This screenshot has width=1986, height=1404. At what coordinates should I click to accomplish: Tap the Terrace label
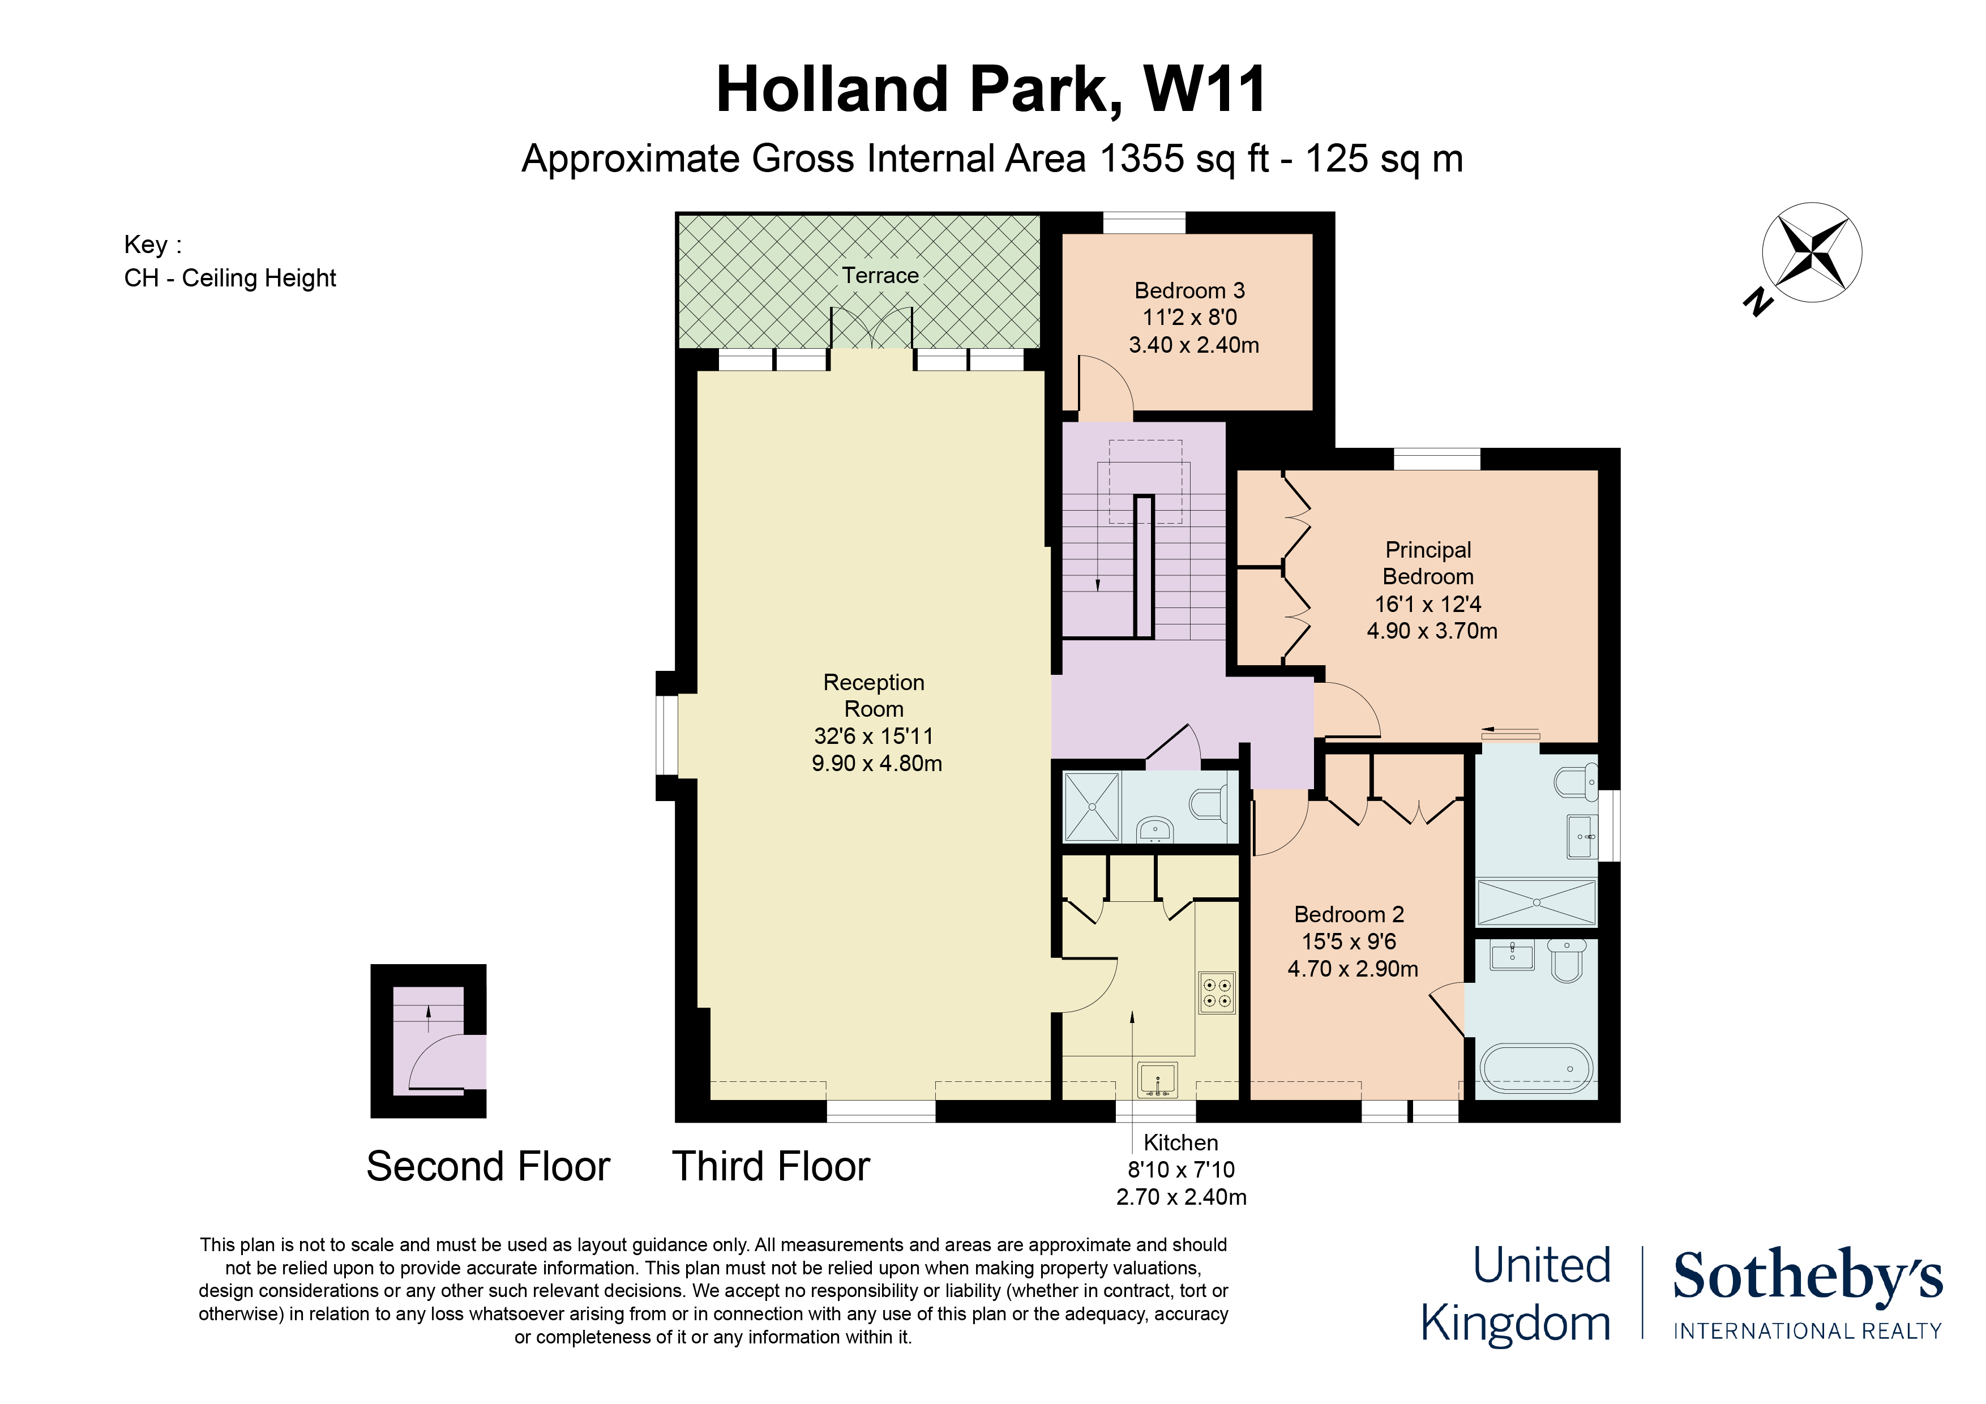click(x=880, y=275)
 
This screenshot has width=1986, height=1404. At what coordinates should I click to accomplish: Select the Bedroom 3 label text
click(x=1189, y=290)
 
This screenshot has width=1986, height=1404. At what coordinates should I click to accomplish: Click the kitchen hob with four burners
click(x=1216, y=992)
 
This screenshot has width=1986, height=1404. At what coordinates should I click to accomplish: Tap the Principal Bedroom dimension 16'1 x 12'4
click(x=1428, y=604)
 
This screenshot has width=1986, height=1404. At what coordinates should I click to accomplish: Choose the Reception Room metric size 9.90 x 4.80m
click(x=876, y=763)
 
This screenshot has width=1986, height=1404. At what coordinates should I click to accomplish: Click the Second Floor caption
click(x=488, y=1166)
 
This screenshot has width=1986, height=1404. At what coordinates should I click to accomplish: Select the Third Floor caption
click(x=771, y=1166)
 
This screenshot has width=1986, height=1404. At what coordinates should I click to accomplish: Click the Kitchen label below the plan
click(x=1181, y=1143)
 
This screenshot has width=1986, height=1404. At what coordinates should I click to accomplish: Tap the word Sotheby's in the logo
click(x=1808, y=1275)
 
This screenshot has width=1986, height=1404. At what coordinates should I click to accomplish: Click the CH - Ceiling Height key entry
click(x=230, y=279)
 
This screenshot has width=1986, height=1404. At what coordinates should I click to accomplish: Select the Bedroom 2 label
click(x=1349, y=914)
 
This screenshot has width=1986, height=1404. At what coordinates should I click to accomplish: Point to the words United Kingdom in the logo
click(x=1516, y=1294)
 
